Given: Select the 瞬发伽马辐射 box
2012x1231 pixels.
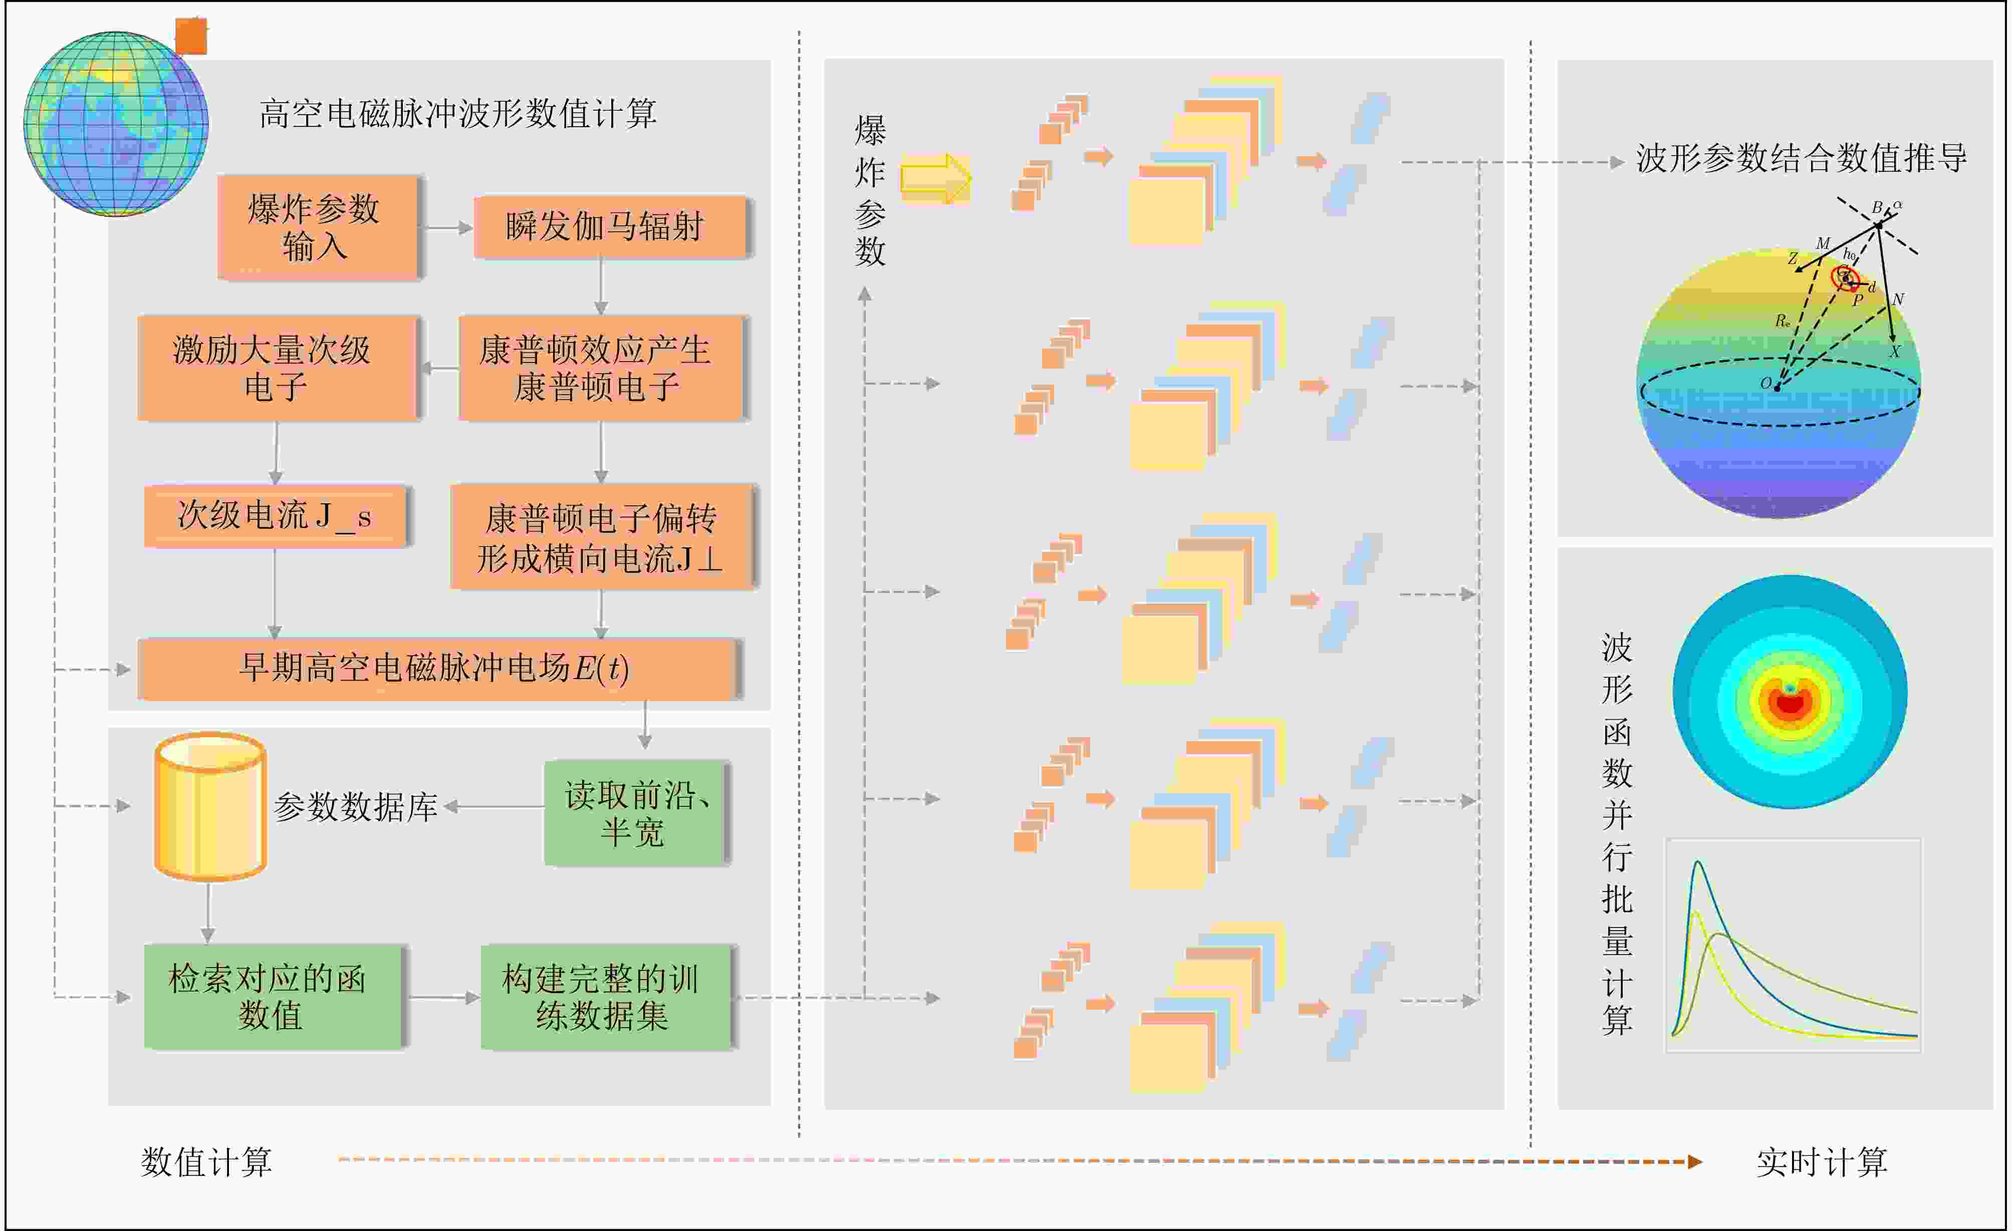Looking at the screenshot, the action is click(x=611, y=226).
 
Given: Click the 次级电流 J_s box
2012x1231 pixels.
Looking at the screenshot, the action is click(x=275, y=516).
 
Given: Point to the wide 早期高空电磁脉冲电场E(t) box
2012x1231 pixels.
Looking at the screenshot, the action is click(x=438, y=669).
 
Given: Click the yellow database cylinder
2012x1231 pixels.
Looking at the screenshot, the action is click(x=210, y=806).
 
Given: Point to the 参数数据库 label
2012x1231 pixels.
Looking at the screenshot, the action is click(x=356, y=806).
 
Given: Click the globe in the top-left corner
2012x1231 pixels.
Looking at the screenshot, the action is click(x=115, y=123).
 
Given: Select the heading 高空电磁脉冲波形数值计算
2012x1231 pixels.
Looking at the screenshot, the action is click(x=457, y=114).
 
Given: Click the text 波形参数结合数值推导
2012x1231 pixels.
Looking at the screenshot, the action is click(x=1801, y=158).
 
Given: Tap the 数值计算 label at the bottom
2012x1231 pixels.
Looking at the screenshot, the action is click(x=206, y=1161).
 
